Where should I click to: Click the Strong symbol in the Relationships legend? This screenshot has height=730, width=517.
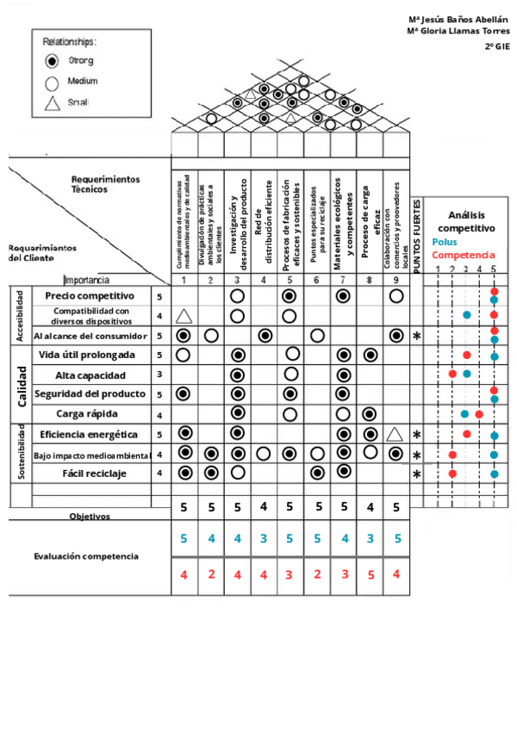(52, 60)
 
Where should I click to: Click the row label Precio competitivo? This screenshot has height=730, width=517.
(90, 295)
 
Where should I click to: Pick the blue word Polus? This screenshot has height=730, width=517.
(445, 243)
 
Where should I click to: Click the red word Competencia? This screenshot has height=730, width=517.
(464, 255)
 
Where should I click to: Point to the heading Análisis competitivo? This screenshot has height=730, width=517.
(466, 221)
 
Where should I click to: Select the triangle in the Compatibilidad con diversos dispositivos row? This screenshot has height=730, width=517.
(184, 317)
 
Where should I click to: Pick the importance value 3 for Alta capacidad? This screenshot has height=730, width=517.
(159, 375)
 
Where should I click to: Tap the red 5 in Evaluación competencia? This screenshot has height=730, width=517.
(370, 574)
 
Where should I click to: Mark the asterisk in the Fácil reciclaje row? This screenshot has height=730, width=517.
(417, 474)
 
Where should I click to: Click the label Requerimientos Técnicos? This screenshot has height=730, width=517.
(103, 184)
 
